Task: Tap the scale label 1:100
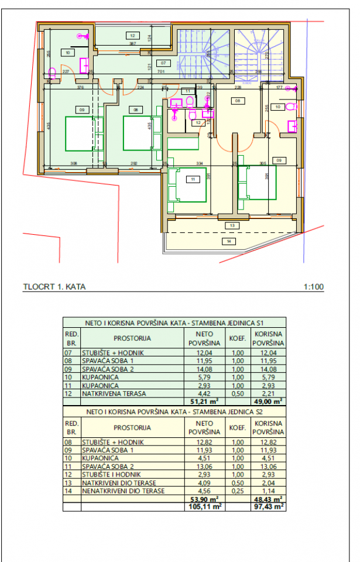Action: tap(314, 287)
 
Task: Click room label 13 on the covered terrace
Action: tap(232, 225)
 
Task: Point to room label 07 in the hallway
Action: tap(163, 63)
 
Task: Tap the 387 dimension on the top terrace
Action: tap(133, 43)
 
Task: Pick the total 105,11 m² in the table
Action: tap(203, 506)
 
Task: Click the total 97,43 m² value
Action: tap(268, 506)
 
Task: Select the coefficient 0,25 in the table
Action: tap(237, 491)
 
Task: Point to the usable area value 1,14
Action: tap(268, 491)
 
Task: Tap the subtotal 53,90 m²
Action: tap(203, 499)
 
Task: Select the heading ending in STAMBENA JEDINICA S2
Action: tap(174, 412)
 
